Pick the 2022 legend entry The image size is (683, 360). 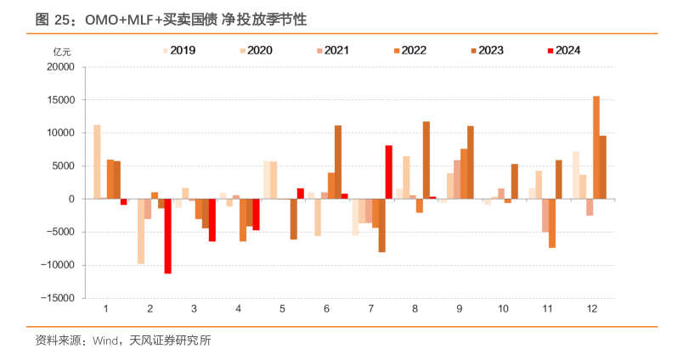tap(409, 50)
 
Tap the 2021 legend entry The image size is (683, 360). tap(333, 50)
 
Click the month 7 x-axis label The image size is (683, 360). tap(370, 311)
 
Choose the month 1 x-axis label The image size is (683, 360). tap(104, 311)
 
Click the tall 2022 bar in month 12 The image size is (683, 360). tap(596, 148)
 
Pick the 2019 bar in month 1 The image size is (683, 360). tap(97, 162)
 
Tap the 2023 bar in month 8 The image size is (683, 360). tap(426, 160)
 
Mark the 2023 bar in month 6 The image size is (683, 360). tap(338, 162)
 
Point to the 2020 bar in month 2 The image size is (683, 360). tap(141, 231)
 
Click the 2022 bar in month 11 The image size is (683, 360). tap(552, 223)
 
